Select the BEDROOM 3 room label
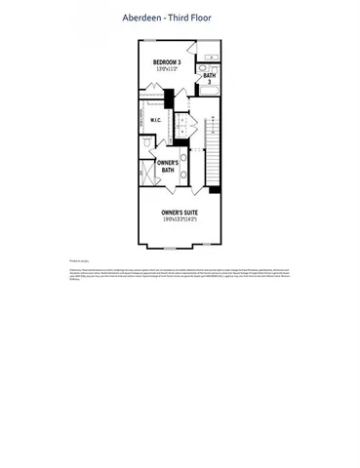click(x=167, y=62)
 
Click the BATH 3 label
click(x=209, y=78)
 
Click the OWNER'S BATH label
click(x=167, y=168)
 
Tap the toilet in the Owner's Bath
click(x=148, y=143)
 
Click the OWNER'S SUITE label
click(x=180, y=212)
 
